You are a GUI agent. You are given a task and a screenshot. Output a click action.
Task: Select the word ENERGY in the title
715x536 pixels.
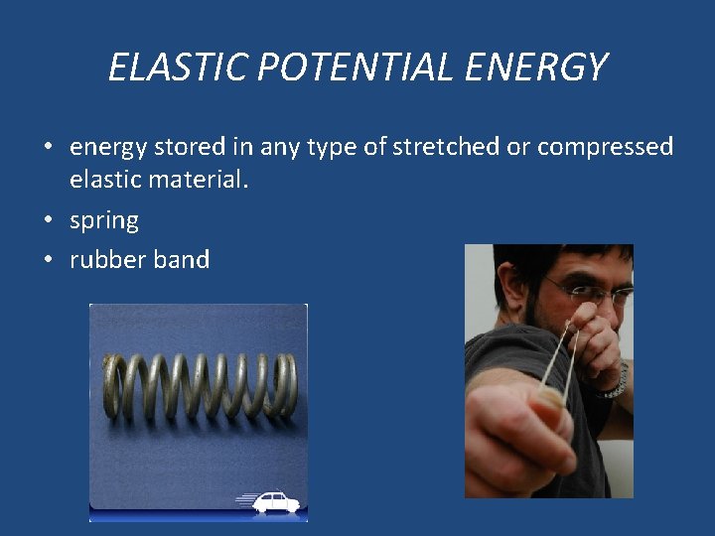532,67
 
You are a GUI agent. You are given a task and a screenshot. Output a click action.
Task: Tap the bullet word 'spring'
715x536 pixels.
103,220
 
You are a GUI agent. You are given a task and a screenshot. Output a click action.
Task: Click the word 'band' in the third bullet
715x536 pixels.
181,260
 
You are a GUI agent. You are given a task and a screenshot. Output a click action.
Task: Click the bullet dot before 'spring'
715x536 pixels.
48,220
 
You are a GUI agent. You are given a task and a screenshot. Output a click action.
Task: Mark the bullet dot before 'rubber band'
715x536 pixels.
48,260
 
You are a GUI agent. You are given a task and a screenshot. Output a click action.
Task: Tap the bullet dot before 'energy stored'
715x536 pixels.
48,148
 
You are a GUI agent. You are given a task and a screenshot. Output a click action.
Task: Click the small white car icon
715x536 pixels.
275,501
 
